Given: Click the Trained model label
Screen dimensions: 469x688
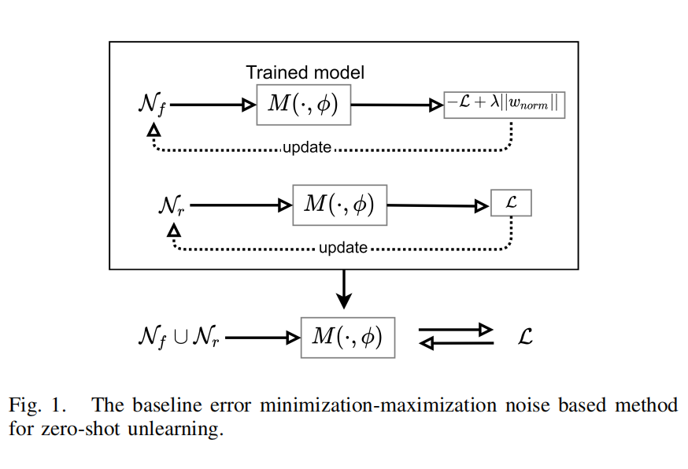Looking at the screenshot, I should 305,72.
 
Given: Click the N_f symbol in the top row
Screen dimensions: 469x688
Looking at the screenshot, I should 151,105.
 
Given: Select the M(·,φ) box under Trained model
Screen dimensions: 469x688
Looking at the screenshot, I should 303,104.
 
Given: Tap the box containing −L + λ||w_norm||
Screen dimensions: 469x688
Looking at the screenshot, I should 505,104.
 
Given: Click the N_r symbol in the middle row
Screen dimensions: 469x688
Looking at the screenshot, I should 172,206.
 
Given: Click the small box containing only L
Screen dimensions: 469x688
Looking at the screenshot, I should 510,204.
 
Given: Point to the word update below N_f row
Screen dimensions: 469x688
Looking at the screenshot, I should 306,148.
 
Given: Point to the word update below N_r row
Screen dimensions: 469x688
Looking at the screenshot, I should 343,248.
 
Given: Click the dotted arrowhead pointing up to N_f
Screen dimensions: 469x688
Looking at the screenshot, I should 154,130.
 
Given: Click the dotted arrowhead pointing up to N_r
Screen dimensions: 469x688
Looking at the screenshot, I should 174,230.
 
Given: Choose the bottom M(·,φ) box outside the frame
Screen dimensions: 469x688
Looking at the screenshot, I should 347,337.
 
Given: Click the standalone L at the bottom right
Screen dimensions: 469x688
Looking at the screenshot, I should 525,337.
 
